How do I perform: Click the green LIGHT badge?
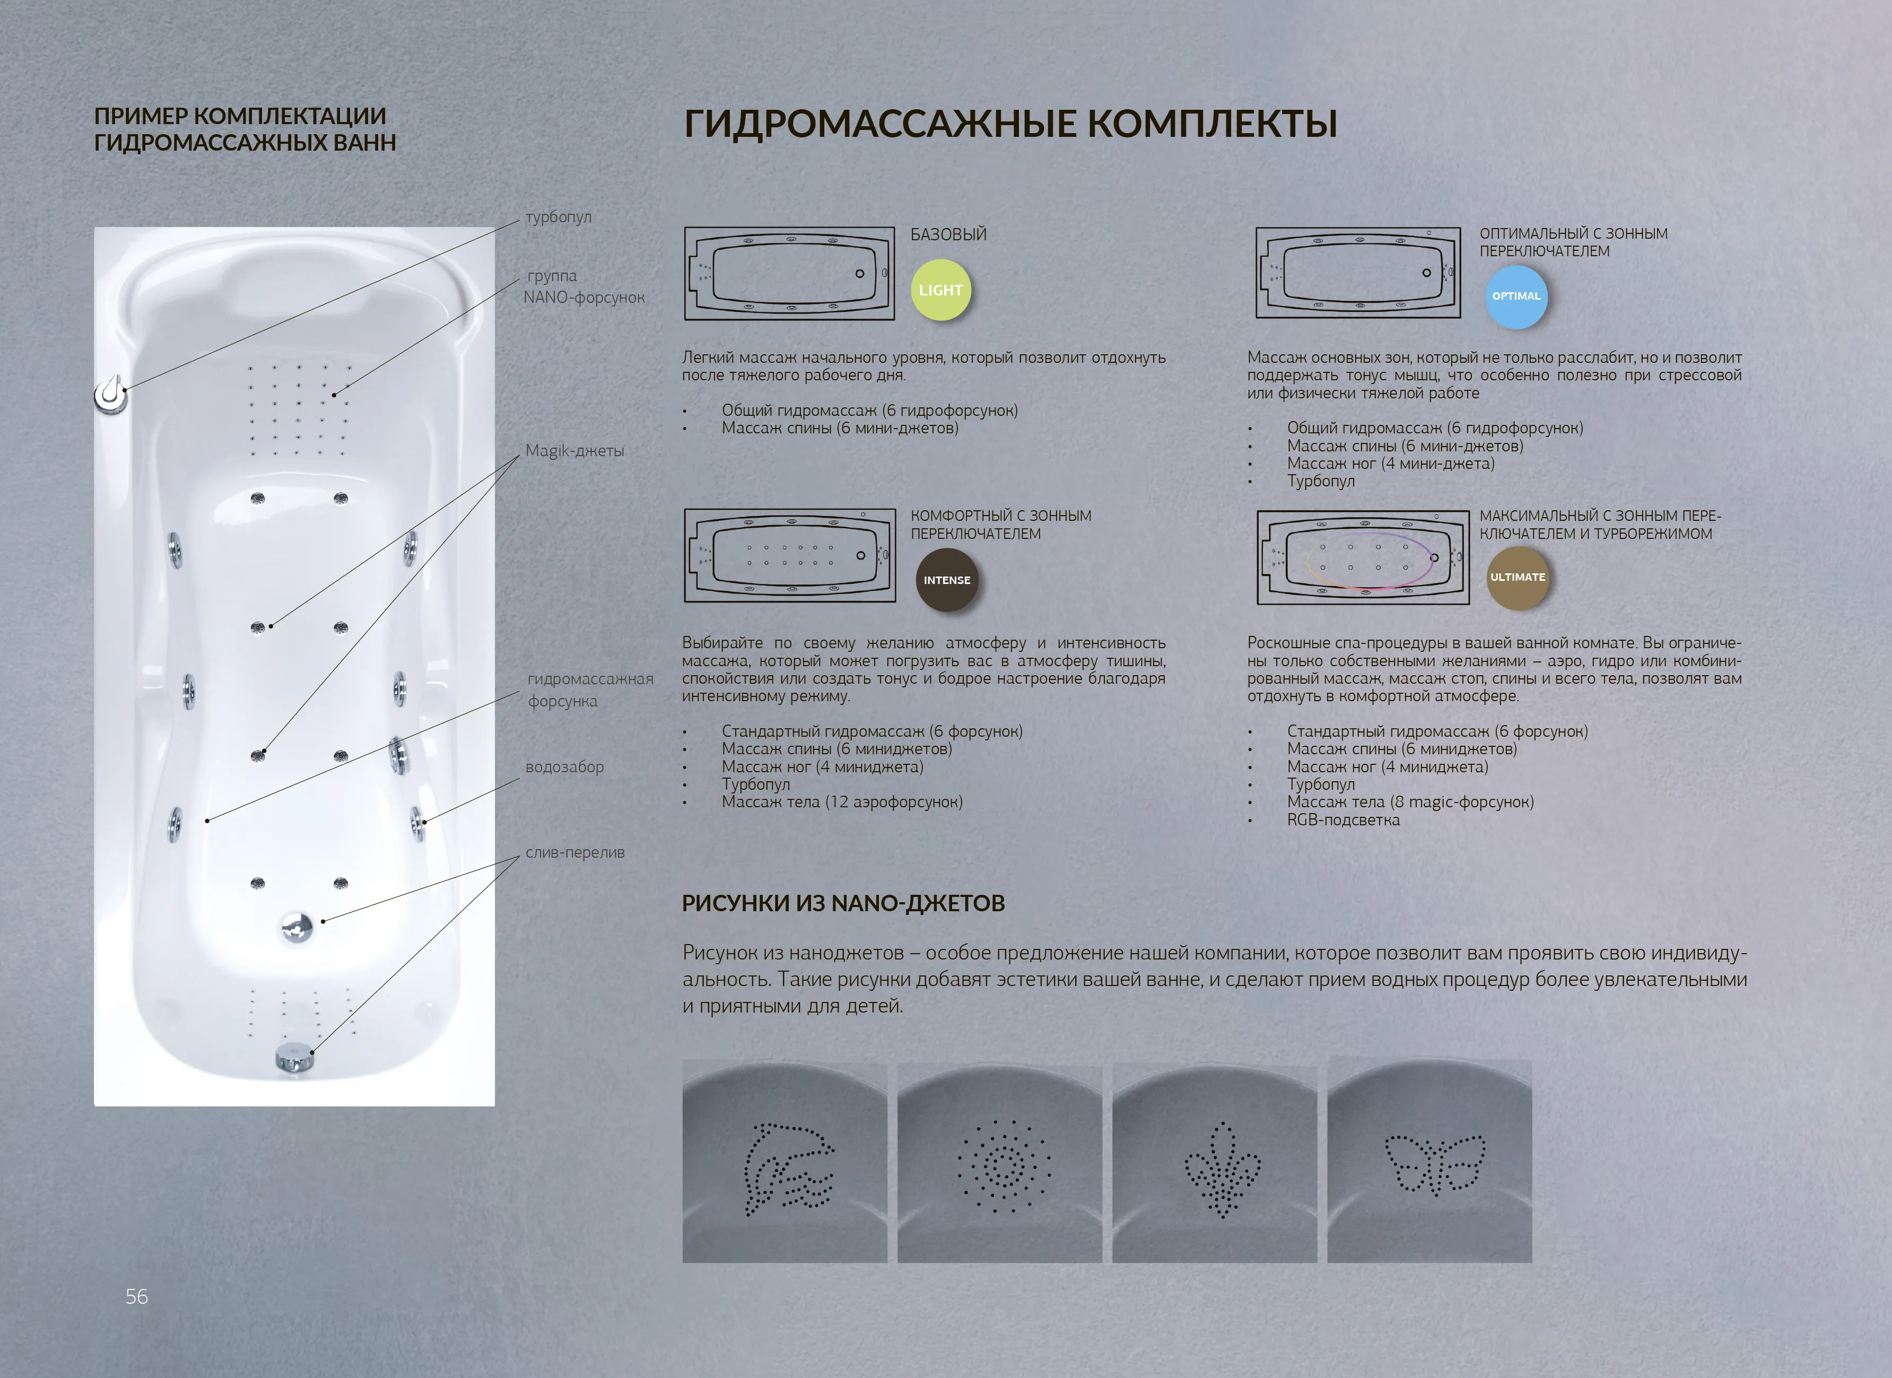940,290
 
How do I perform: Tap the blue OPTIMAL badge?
1516,296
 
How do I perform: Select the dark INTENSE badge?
947,580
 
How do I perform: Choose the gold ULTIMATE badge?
1518,577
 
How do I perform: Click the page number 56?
137,1296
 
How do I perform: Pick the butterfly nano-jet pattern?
1434,1164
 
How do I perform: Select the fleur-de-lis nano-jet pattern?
1222,1168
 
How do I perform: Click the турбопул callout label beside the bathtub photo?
558,217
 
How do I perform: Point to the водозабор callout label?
565,766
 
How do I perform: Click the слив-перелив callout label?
575,852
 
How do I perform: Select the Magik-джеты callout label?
575,450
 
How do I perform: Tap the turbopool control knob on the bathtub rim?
111,395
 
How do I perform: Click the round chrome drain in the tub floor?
296,927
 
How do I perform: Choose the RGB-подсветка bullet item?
1343,820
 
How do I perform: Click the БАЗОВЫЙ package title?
948,234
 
